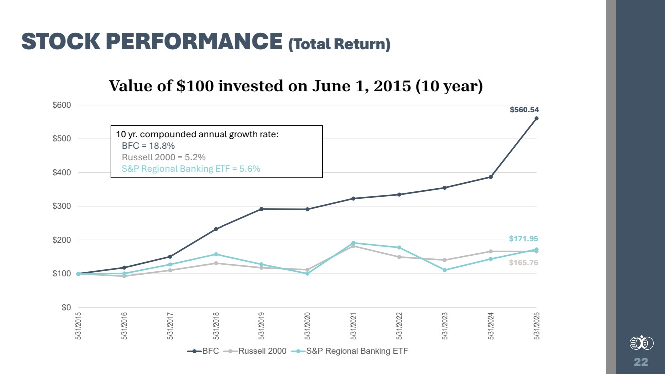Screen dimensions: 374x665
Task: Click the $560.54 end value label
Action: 524,110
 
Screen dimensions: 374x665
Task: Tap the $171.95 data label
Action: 523,239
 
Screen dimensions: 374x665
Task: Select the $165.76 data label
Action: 523,263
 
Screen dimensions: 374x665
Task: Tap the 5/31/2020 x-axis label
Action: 307,325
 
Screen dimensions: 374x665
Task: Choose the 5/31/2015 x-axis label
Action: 78,325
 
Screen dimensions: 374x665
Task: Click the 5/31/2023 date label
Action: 445,325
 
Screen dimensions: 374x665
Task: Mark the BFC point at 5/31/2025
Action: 536,118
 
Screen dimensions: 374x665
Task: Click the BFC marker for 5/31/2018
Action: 216,229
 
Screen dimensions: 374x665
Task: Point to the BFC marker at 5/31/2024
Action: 491,177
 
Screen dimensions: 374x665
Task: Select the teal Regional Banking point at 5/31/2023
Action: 445,270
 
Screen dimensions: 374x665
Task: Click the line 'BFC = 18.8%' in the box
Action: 148,146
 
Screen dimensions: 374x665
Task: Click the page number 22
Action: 641,362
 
